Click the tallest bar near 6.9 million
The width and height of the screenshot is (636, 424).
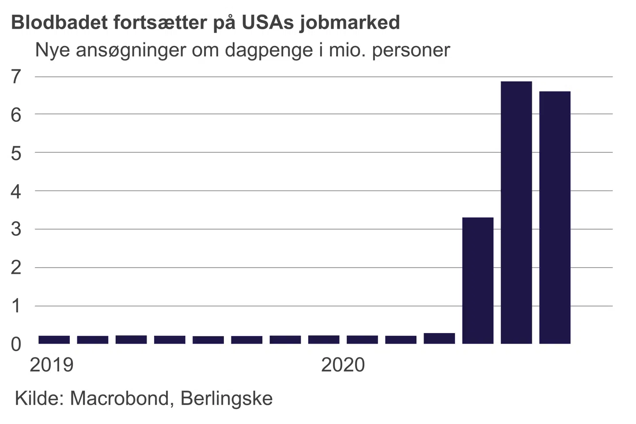click(516, 212)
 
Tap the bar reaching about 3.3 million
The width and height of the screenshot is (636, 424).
click(477, 280)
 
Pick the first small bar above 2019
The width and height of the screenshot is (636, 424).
click(54, 340)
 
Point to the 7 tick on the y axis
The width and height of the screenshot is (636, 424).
click(16, 77)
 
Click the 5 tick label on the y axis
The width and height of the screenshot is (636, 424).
click(16, 154)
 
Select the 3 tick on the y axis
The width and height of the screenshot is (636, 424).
click(16, 230)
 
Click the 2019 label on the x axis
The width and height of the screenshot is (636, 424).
click(51, 365)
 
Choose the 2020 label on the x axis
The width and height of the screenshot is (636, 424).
click(343, 365)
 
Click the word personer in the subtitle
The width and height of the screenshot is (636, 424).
click(411, 50)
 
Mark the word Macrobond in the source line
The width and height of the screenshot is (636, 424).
click(119, 398)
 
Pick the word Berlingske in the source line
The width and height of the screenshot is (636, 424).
click(227, 399)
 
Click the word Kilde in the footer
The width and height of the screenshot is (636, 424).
click(39, 398)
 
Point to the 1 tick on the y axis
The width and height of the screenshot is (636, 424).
click(16, 306)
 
